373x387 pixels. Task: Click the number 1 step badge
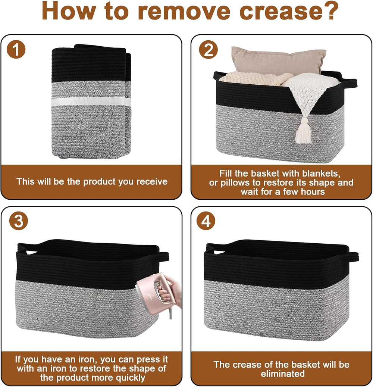coord(16,49)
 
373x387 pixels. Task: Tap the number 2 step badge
coord(209,49)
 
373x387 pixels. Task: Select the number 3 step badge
coord(19,221)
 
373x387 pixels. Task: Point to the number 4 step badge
coord(206,221)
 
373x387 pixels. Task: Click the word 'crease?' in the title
coord(289,11)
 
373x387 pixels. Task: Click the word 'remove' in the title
coord(184,11)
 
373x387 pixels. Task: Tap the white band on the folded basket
coord(91,102)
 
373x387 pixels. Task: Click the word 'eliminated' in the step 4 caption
coord(283,374)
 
